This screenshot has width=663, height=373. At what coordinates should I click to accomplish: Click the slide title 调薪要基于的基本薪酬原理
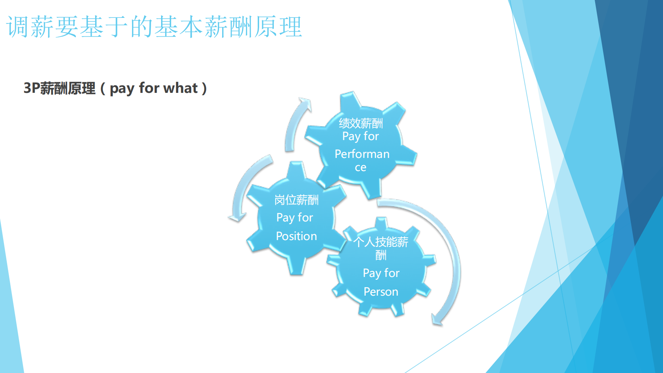pyautogui.click(x=154, y=27)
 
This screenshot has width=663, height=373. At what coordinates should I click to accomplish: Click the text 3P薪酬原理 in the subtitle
pyautogui.click(x=60, y=88)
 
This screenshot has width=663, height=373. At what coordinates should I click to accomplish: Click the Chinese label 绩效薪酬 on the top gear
pyautogui.click(x=361, y=123)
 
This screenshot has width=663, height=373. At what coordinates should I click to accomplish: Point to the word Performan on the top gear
pyautogui.click(x=362, y=154)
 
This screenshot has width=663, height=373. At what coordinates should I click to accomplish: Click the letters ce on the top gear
pyautogui.click(x=360, y=167)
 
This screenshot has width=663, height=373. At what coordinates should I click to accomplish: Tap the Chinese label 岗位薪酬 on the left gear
pyautogui.click(x=296, y=200)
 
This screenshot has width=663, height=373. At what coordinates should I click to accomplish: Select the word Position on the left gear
pyautogui.click(x=296, y=236)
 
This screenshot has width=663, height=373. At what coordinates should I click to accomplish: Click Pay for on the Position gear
pyautogui.click(x=295, y=217)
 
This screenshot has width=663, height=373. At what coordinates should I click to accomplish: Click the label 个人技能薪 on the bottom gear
pyautogui.click(x=381, y=242)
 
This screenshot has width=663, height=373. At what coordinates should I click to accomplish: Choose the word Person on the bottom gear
pyautogui.click(x=381, y=292)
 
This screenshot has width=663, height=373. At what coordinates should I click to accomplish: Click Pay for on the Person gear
pyautogui.click(x=381, y=273)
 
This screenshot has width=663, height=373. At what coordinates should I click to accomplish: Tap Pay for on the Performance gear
pyautogui.click(x=360, y=136)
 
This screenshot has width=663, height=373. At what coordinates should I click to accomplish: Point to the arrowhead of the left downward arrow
pyautogui.click(x=237, y=217)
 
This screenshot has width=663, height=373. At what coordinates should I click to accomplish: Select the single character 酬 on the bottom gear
pyautogui.click(x=381, y=255)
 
